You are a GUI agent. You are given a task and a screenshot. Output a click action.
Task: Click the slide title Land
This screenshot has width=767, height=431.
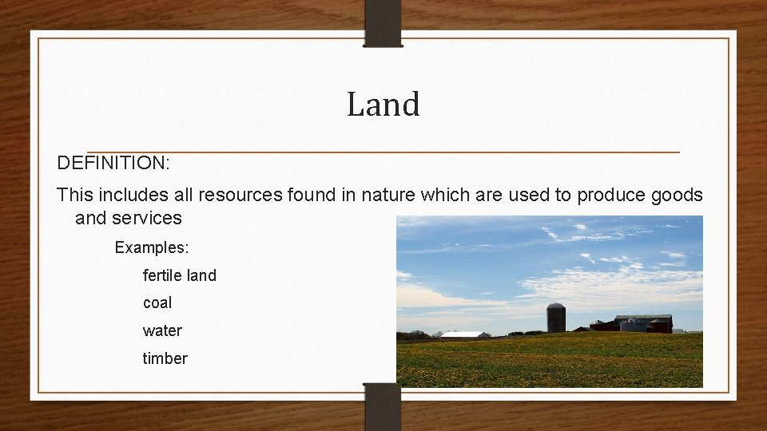tap(383, 105)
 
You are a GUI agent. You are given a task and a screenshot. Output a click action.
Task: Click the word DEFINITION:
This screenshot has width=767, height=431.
tap(113, 164)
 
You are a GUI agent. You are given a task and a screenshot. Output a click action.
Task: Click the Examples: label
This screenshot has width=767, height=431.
tap(151, 247)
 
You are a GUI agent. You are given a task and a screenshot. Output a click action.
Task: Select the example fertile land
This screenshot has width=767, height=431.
tap(179, 275)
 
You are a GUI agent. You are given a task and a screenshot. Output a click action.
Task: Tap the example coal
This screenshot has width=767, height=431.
tap(157, 303)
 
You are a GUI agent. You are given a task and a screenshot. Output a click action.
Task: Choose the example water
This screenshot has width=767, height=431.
tap(162, 330)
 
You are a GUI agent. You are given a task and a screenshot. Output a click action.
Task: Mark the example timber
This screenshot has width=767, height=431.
tap(165, 358)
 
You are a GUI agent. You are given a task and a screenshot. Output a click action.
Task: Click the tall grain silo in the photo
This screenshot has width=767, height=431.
tap(556, 320)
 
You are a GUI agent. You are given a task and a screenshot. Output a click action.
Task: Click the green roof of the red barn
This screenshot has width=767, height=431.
tap(642, 318)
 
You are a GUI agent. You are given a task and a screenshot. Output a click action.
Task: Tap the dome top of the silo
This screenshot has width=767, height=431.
tap(556, 306)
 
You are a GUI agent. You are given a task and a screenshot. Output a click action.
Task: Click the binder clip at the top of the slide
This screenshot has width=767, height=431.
tap(383, 22)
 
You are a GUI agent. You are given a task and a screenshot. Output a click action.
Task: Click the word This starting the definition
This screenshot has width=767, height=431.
tap(75, 195)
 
